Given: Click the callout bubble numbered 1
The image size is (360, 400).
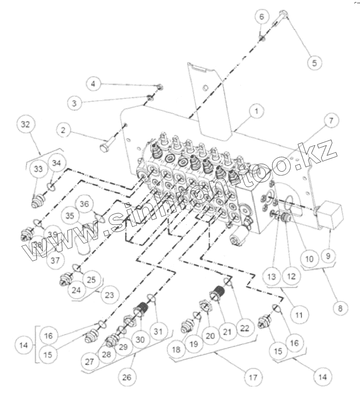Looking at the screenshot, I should (257, 111).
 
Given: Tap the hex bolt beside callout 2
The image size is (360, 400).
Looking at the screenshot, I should (105, 148).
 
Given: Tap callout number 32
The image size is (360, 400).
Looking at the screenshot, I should (27, 126).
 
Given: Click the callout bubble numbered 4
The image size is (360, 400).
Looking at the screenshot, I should (93, 83).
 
